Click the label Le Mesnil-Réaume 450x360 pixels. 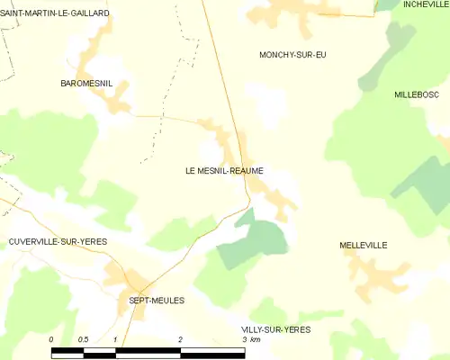pos(224,170)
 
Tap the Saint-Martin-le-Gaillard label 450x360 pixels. pos(56,13)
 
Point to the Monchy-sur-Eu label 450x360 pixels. pos(292,56)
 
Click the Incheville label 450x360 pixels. pos(426,4)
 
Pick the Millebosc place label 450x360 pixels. pos(417,94)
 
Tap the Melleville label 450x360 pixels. pos(363,245)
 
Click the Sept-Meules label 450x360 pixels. pos(157,301)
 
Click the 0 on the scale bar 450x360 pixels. pos(52,338)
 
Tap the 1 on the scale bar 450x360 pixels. pos(116,338)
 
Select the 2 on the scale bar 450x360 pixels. pos(181,338)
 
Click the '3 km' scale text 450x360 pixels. pos(251,339)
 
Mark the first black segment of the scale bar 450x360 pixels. pos(68,353)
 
